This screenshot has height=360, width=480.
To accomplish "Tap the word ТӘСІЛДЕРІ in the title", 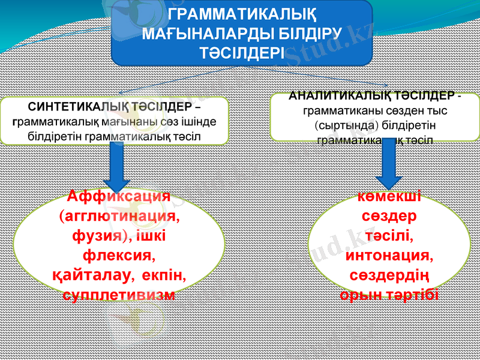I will (242, 53).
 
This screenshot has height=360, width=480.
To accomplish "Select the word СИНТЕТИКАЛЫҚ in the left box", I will (74, 107).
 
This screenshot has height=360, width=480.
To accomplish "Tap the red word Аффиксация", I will (119, 196).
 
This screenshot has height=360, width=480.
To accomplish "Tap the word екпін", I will (164, 277).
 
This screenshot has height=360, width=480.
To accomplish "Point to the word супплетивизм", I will (119, 296).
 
